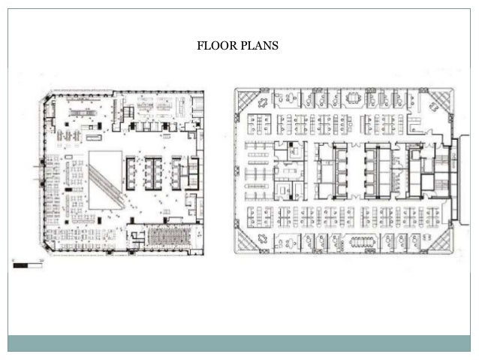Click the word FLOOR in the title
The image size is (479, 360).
click(217, 46)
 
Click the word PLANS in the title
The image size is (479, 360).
click(259, 46)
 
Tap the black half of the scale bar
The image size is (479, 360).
click(20, 265)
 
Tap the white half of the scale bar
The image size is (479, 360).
click(35, 265)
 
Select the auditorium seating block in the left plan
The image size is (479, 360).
click(169, 236)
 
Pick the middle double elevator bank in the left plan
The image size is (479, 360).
click(153, 174)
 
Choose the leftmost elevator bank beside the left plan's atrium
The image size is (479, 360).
click(131, 174)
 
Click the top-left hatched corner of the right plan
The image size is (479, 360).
click(247, 100)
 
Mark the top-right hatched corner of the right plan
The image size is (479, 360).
click(441, 99)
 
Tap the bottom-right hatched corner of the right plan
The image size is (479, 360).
click(441, 242)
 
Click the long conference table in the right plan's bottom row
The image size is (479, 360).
click(363, 242)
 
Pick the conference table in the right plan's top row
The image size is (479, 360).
click(354, 98)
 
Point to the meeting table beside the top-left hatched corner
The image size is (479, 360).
click(263, 102)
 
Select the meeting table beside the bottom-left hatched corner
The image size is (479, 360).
click(263, 238)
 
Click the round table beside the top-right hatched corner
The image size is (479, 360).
click(433, 106)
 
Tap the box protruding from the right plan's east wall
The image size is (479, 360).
click(464, 180)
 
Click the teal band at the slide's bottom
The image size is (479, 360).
click(239, 343)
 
